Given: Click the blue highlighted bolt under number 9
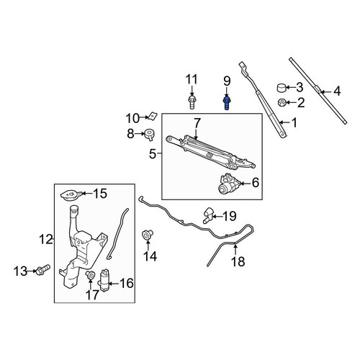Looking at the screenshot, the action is [227, 103].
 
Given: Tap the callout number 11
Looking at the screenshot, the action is [192, 79].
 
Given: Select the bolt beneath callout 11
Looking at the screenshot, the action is [192, 102].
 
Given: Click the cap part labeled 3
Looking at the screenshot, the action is [282, 88].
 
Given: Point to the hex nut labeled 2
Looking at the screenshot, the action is [282, 103].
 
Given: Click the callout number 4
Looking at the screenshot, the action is [337, 91].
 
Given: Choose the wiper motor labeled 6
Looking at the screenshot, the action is [228, 184].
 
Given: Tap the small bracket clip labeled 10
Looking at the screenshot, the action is [153, 116].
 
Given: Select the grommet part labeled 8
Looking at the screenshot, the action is [149, 135].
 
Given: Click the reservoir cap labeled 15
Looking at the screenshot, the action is [71, 194].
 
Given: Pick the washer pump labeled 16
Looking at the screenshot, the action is [104, 280].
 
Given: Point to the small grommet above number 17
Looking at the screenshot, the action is [90, 275].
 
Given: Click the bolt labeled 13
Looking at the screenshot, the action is [42, 269].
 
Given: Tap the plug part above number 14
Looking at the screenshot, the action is [148, 235].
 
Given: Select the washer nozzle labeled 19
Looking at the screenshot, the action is [208, 215].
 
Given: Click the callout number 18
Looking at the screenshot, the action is [238, 261].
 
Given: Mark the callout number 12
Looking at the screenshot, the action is [46, 239].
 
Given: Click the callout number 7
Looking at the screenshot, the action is [197, 123].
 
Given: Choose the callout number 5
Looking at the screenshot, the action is [153, 154].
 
